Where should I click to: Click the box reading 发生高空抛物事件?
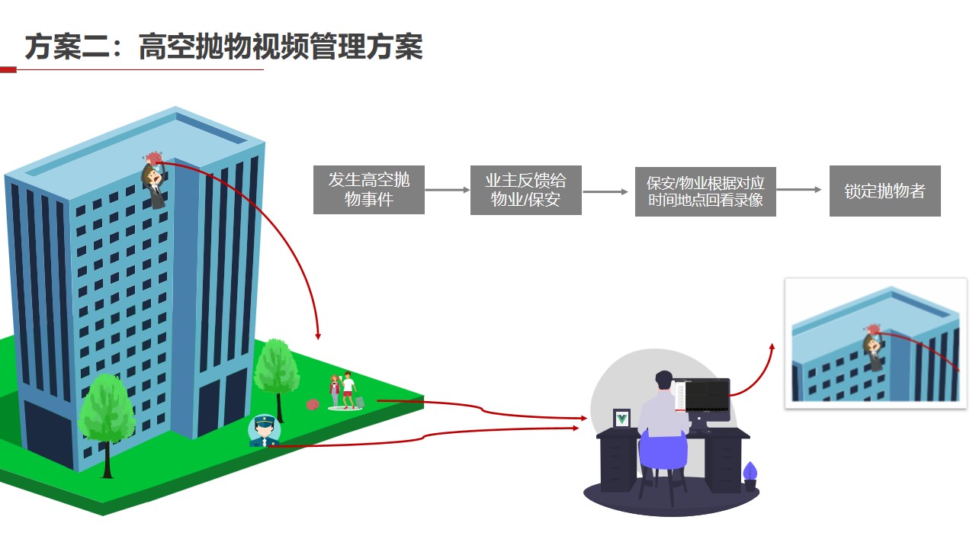pyautogui.click(x=369, y=190)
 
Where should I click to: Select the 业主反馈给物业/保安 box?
pyautogui.click(x=525, y=190)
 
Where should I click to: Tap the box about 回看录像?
pyautogui.click(x=705, y=191)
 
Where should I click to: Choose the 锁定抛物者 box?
pyautogui.click(x=884, y=191)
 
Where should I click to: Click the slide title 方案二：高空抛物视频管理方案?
pyautogui.click(x=223, y=47)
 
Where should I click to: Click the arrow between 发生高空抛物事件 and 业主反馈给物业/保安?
pyautogui.click(x=447, y=190)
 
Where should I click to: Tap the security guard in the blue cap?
pyautogui.click(x=264, y=432)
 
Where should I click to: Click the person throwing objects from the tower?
pyautogui.click(x=155, y=181)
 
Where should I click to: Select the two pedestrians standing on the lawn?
pyautogui.click(x=343, y=390)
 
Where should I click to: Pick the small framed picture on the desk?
pyautogui.click(x=622, y=419)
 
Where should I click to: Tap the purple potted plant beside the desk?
pyautogui.click(x=750, y=474)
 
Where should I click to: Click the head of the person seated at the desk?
pyautogui.click(x=664, y=380)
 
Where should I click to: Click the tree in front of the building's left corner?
pyautogui.click(x=107, y=416)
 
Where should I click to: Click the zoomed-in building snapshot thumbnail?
pyautogui.click(x=875, y=343)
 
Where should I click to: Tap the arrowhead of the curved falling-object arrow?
pyautogui.click(x=318, y=335)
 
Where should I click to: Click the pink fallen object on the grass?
pyautogui.click(x=312, y=405)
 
